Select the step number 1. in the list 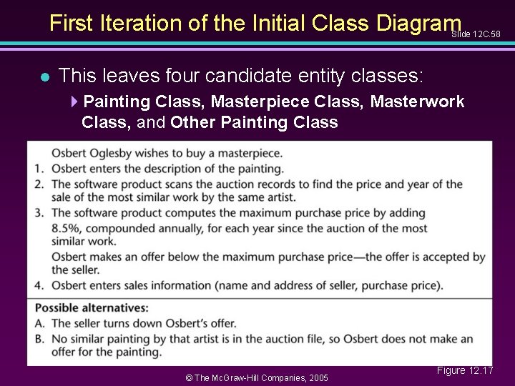pos(41,169)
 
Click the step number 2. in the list pos(41,184)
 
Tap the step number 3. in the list pos(41,213)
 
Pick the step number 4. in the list pos(41,286)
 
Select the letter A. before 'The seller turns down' pos(41,323)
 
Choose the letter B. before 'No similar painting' pos(41,337)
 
